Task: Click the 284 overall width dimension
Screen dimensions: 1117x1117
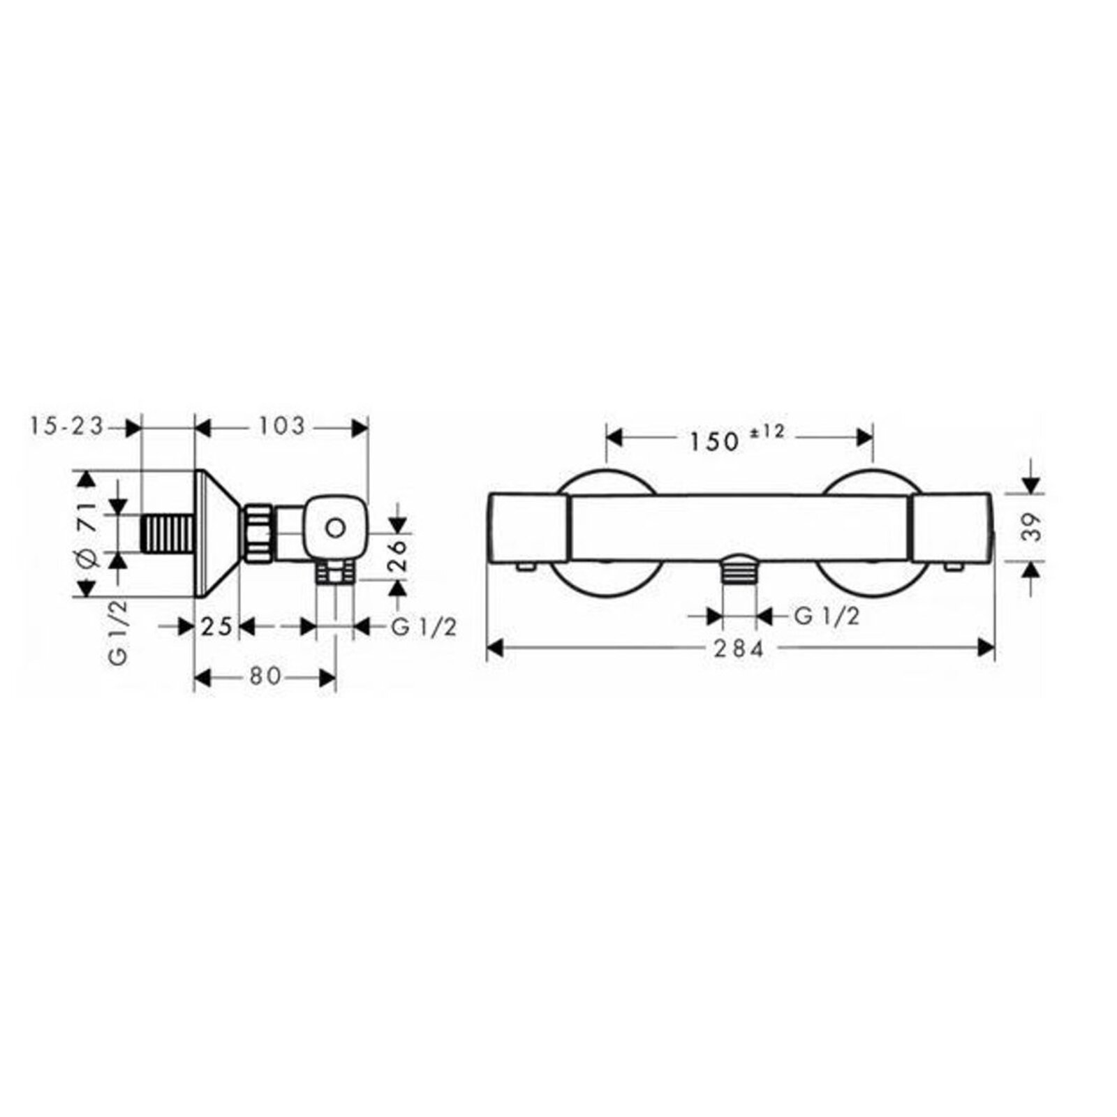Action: (x=739, y=649)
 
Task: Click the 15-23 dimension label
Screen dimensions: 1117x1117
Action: (x=67, y=425)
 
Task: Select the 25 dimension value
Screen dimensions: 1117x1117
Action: (x=216, y=626)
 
